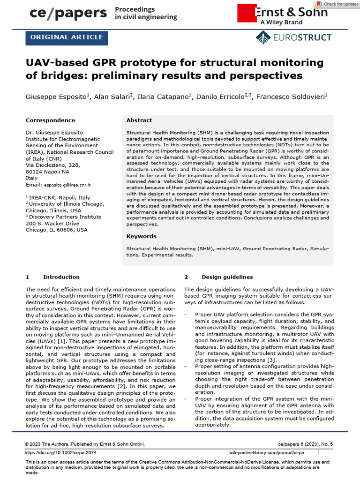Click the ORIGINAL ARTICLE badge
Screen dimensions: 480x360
click(x=67, y=37)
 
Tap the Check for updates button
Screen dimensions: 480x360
click(x=337, y=4)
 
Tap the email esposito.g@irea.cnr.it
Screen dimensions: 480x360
click(x=67, y=185)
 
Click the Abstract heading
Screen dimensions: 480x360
click(x=139, y=120)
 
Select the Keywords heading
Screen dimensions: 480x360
click(x=141, y=236)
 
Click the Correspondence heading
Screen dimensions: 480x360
click(x=50, y=120)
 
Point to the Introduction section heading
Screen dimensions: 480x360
click(x=61, y=277)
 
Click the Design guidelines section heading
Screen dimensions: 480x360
click(x=227, y=277)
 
